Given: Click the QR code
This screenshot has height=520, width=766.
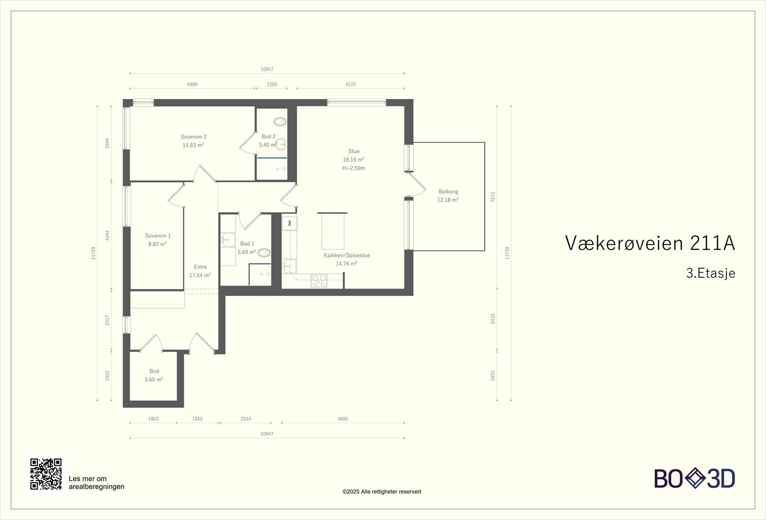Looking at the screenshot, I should [x=46, y=474].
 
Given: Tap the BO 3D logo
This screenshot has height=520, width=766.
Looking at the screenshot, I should [x=694, y=478].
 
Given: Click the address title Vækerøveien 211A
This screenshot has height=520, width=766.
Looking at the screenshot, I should [x=650, y=243].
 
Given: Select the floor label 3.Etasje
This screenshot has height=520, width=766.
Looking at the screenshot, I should [x=711, y=273].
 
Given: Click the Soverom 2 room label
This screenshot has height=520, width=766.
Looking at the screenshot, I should [x=193, y=137].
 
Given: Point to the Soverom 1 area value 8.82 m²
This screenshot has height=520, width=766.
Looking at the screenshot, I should [x=157, y=244].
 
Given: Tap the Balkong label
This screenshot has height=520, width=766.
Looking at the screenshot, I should [x=448, y=191].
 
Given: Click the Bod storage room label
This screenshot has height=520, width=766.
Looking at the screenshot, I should [x=154, y=371].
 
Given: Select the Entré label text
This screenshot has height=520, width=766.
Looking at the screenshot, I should [x=200, y=267].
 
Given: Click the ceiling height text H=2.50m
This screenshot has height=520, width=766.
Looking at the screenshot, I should [x=353, y=168].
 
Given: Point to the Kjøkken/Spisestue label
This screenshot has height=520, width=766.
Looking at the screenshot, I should [x=347, y=255].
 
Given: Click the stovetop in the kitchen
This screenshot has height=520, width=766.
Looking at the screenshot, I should [x=319, y=281].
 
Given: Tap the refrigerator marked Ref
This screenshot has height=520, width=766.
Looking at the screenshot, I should [x=289, y=222].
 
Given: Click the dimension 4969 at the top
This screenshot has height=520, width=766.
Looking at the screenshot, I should [x=192, y=84].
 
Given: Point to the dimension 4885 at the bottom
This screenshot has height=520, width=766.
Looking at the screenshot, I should [x=343, y=419].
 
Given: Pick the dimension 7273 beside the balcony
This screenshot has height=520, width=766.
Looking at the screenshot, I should [x=492, y=197].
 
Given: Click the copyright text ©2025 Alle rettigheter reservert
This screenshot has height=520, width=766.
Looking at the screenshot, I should [x=382, y=492].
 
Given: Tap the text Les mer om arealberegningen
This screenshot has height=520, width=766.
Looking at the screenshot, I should [x=96, y=482].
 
